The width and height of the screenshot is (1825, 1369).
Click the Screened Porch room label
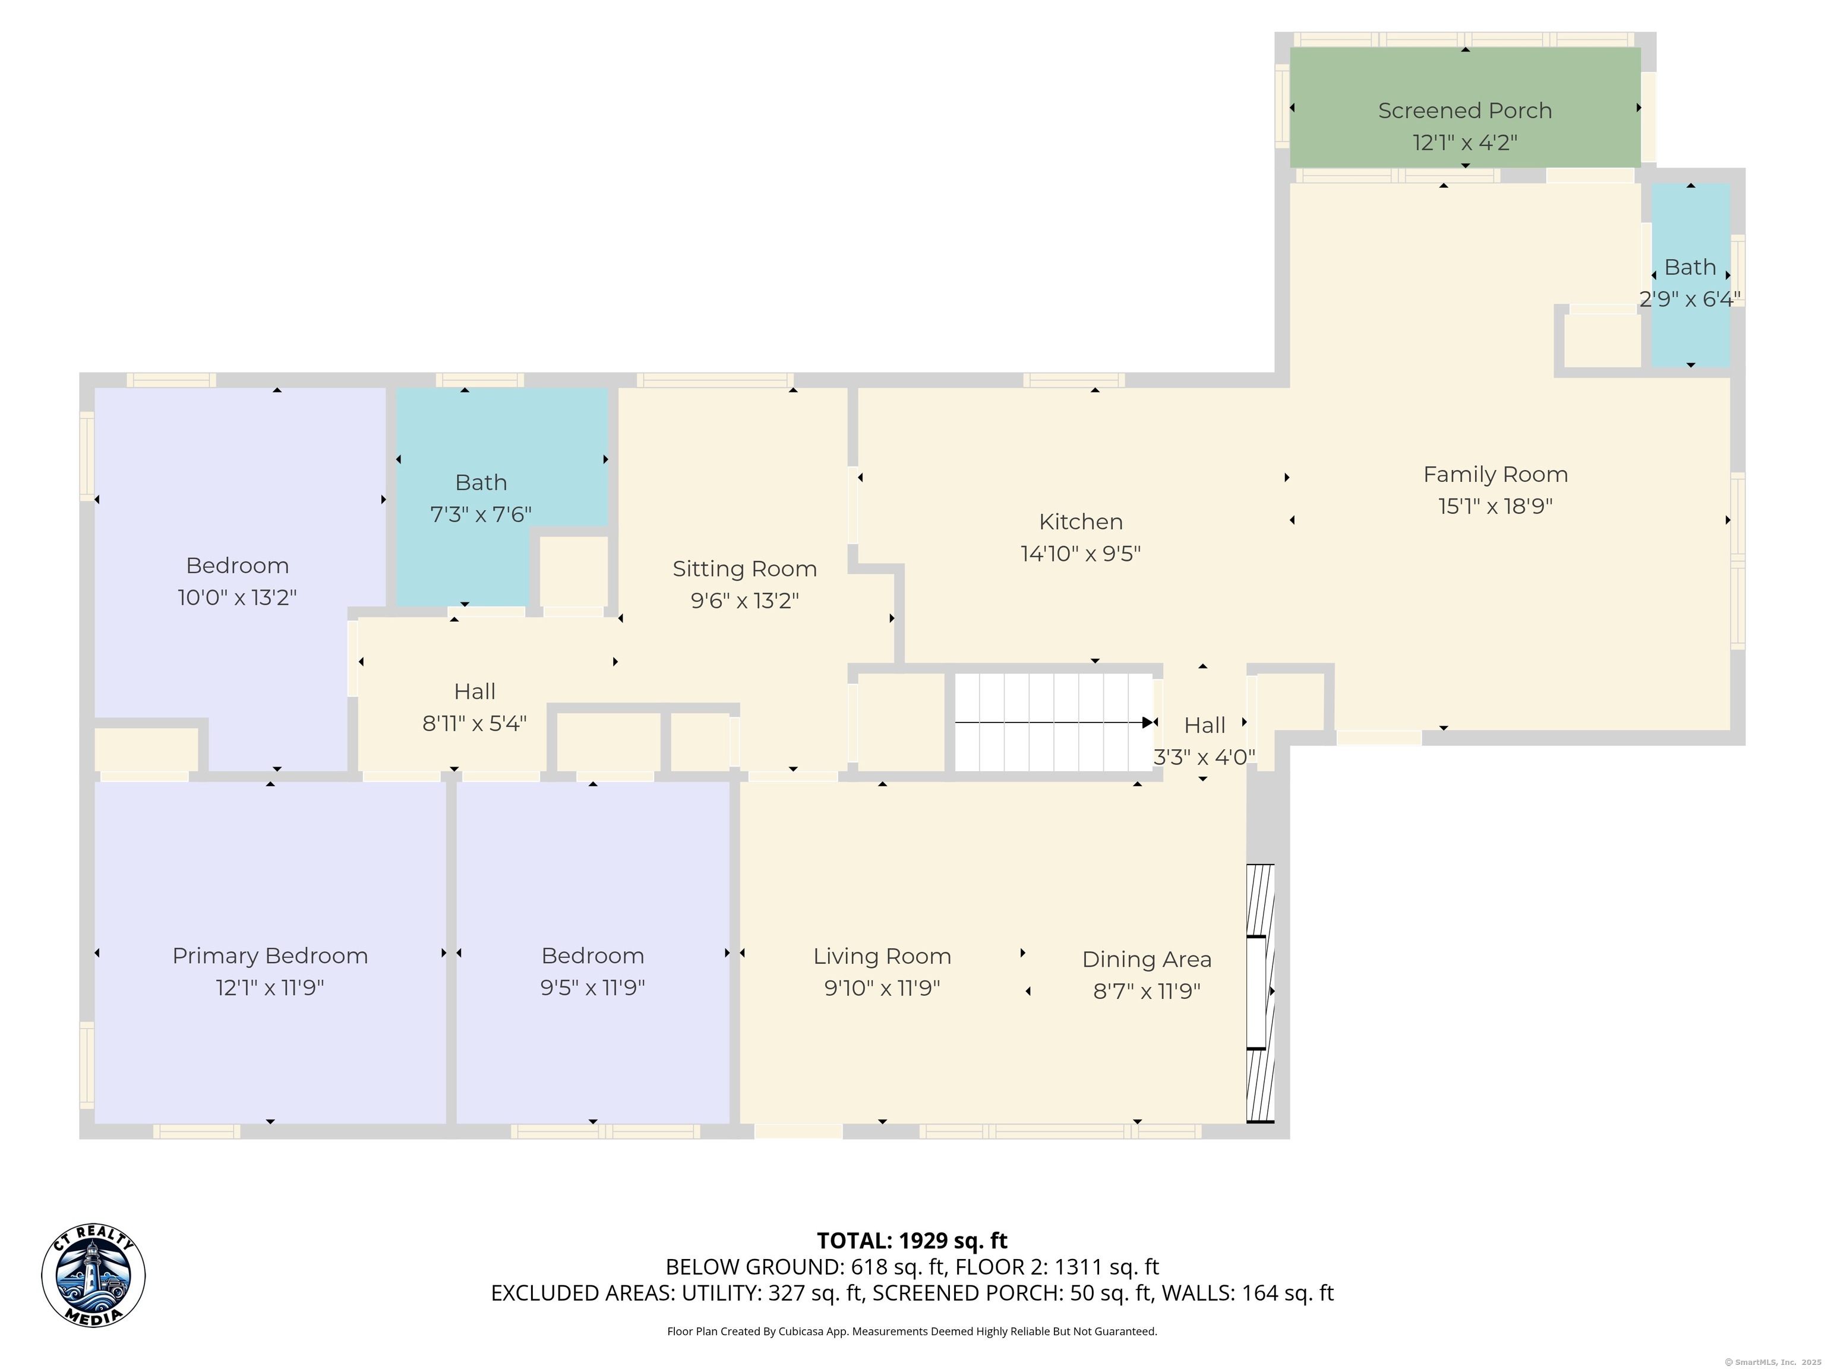1464,111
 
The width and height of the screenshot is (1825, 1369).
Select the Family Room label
1495,475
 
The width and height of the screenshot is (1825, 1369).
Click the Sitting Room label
744,569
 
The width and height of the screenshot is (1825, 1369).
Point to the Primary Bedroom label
270,955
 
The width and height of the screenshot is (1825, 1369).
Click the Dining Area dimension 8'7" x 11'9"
1147,991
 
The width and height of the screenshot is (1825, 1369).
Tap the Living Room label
882,955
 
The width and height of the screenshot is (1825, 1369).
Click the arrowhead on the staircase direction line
1148,723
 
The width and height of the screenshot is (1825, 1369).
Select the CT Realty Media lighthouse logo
93,1276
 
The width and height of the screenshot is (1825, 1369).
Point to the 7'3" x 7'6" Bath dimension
481,514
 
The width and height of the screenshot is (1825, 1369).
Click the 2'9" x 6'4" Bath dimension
1690,299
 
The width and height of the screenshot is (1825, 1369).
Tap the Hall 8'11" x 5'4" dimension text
475,723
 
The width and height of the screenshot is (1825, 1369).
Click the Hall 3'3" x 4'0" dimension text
1205,757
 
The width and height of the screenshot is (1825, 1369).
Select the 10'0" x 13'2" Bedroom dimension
237,597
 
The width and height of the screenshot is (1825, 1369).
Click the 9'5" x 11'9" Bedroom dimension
592,987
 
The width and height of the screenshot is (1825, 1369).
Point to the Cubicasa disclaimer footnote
912,1331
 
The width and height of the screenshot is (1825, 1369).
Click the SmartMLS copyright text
1772,1362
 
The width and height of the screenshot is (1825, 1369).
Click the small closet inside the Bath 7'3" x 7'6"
573,571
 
